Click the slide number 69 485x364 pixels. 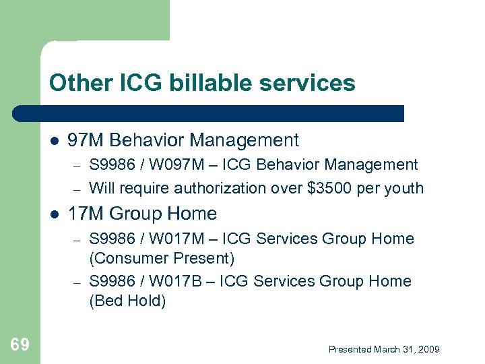click(x=20, y=345)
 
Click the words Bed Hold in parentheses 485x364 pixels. click(x=127, y=301)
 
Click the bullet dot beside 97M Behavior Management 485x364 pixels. click(x=53, y=141)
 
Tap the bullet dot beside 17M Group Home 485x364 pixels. click(x=53, y=214)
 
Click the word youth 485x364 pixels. click(x=405, y=188)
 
